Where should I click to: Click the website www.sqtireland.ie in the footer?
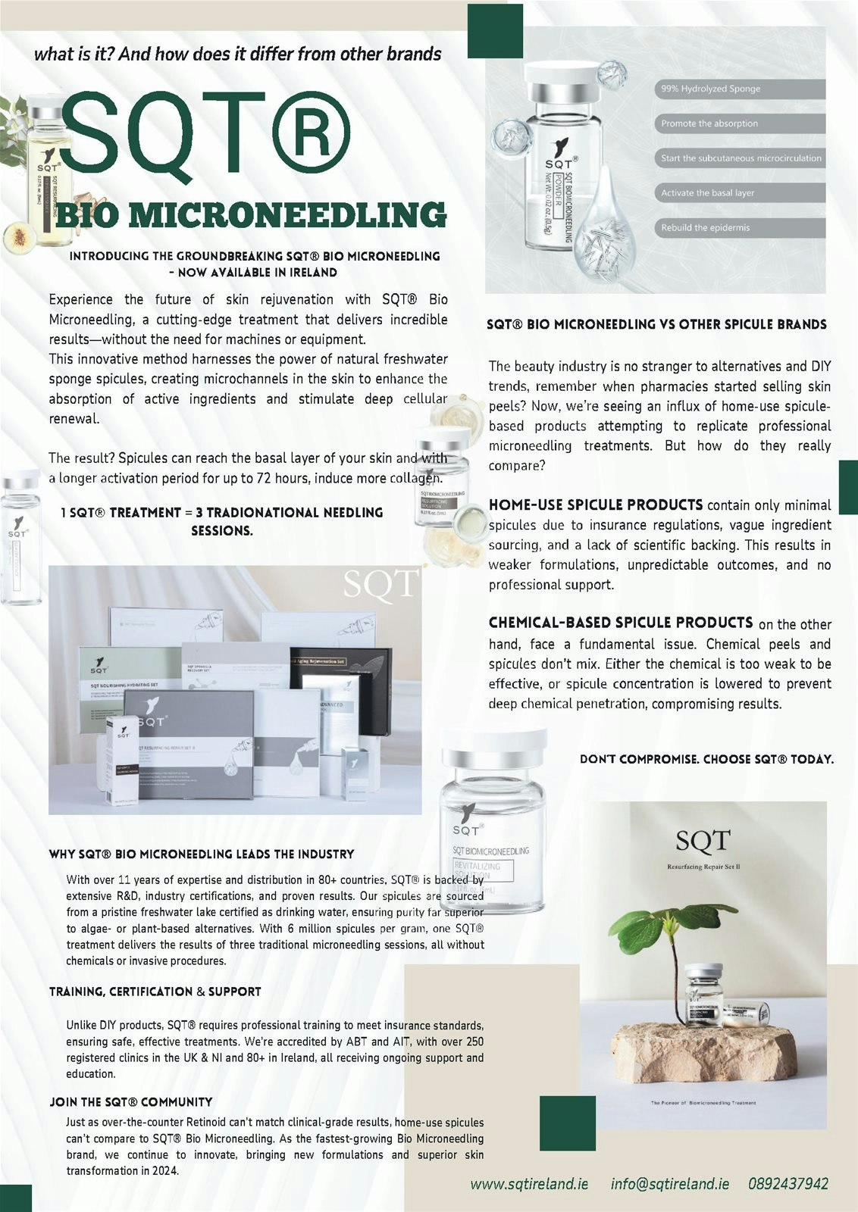[529, 1183]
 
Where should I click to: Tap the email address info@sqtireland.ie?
[670, 1183]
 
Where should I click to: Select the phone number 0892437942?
[788, 1183]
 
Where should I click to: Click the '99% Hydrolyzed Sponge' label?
[710, 89]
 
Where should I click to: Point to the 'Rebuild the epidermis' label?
[705, 227]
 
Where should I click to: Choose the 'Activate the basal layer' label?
[707, 192]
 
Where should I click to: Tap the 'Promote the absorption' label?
[709, 123]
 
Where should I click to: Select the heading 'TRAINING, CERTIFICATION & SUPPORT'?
[155, 992]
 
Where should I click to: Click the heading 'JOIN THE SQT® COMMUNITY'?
[131, 1102]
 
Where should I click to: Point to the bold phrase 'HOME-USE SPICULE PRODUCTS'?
[596, 504]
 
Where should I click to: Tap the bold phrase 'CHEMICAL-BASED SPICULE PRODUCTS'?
[621, 623]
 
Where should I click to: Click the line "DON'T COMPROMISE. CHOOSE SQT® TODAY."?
[706, 759]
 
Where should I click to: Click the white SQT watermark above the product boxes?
[380, 583]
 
